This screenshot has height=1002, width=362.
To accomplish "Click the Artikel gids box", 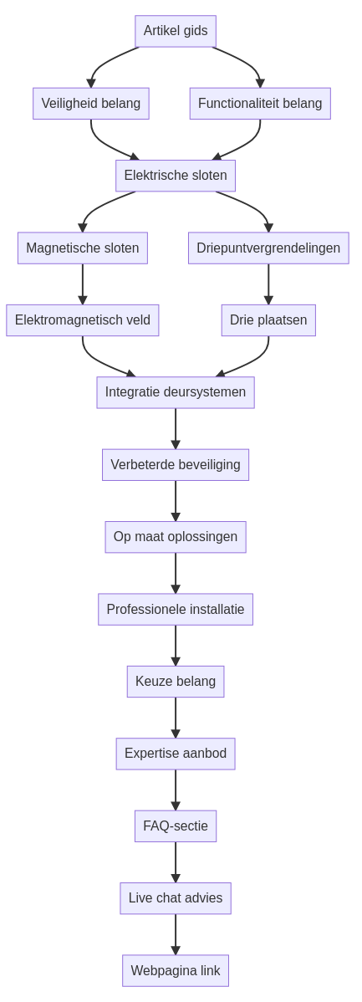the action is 176,31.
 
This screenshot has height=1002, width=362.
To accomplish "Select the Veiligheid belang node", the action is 90,104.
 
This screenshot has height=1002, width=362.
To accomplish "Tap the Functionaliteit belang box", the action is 260,104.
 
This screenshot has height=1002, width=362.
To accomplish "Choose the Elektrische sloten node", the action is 176,176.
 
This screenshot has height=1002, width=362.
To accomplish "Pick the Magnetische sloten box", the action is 83,248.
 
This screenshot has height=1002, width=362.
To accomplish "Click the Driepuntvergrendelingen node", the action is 268,248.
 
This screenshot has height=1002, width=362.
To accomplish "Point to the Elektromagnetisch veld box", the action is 83,320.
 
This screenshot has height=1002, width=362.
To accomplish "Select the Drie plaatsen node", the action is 268,320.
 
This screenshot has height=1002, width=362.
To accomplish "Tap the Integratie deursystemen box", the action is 176,392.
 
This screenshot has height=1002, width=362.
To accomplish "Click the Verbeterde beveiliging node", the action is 176,464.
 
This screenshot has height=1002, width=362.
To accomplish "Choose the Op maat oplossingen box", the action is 176,537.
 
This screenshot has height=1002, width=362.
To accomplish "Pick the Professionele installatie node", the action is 176,609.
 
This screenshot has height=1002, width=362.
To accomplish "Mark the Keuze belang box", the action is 176,682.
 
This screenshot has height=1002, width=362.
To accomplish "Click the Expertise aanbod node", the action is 176,754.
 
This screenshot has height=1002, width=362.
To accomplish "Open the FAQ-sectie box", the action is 176,826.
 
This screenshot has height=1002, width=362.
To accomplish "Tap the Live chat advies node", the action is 176,898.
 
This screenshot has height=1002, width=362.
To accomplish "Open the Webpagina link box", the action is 176,971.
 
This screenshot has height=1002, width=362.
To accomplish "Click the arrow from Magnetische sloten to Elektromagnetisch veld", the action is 83,284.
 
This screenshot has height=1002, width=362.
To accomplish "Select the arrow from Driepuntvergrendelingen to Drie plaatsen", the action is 268,284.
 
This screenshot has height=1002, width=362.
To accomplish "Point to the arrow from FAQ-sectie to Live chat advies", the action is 176,862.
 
